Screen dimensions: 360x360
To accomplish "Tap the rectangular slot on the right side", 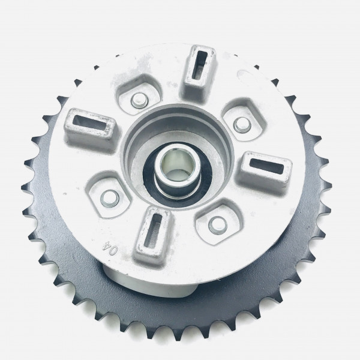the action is click(267, 166).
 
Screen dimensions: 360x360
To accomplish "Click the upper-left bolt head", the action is click(139, 101).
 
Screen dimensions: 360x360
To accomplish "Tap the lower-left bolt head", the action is click(110, 199).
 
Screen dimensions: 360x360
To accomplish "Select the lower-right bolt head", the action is click(218, 224).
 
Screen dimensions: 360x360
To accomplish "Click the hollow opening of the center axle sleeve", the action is click(177, 165).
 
